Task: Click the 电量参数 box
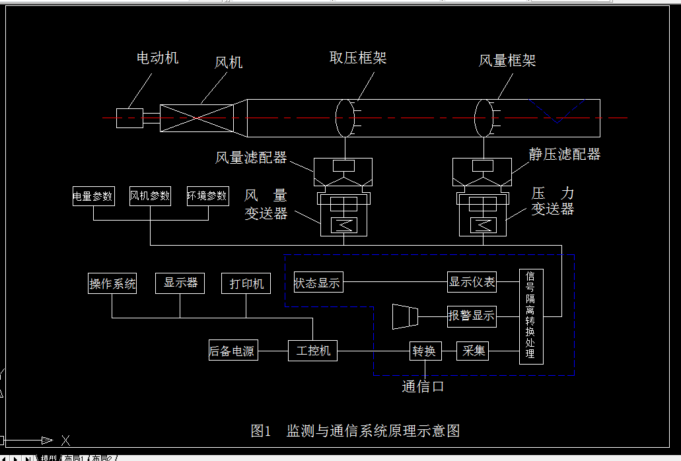click(x=93, y=196)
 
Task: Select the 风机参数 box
click(x=150, y=196)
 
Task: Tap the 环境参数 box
click(x=207, y=196)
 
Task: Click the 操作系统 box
click(x=112, y=283)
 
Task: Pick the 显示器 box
click(x=180, y=283)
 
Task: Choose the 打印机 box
click(x=246, y=283)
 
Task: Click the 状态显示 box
click(x=318, y=283)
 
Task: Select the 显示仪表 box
click(x=472, y=282)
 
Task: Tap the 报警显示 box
click(x=472, y=316)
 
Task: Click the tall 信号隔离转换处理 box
click(x=531, y=316)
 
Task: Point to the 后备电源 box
click(x=233, y=351)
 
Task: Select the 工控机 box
click(x=312, y=350)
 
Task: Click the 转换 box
click(x=425, y=351)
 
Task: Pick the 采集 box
click(x=472, y=351)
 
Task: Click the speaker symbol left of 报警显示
click(x=404, y=316)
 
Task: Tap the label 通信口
click(x=423, y=386)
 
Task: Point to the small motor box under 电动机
click(x=129, y=118)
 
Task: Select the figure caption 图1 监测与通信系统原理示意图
click(x=355, y=431)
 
